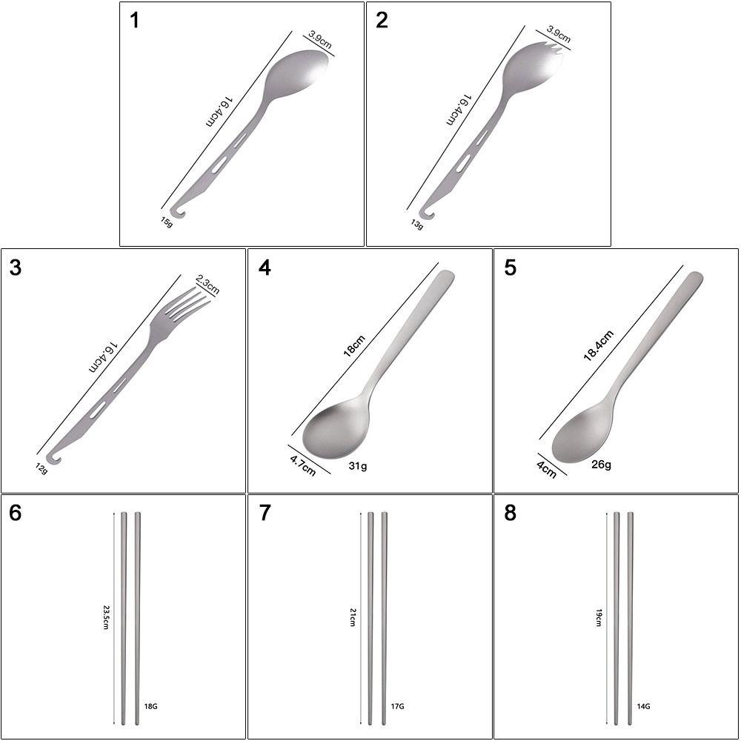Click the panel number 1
tap(134, 21)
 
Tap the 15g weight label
tap(168, 221)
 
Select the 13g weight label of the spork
tap(417, 224)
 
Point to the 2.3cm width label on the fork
tap(207, 285)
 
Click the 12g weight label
tap(41, 468)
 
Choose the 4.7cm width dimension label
tap(302, 465)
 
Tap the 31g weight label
tap(358, 467)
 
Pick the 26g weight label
tap(601, 465)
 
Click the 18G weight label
tap(150, 707)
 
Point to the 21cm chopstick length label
tap(353, 617)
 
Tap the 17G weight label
tap(397, 707)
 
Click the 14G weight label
tap(642, 707)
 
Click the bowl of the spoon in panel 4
tap(336, 428)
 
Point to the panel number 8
tap(510, 514)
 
